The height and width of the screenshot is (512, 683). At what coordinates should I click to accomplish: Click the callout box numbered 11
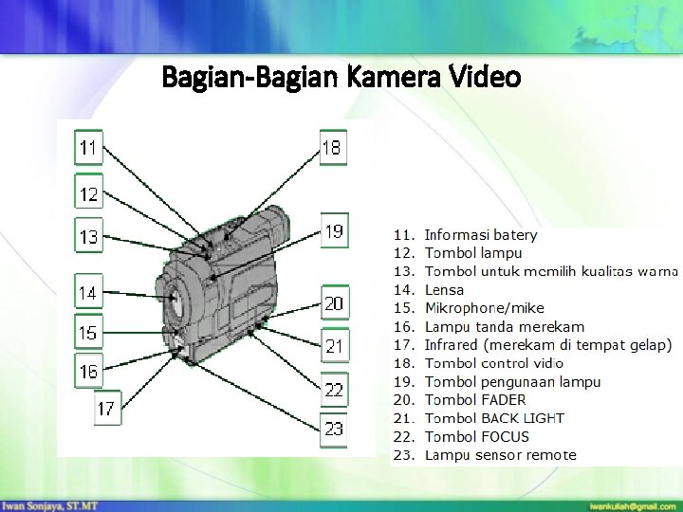[89, 148]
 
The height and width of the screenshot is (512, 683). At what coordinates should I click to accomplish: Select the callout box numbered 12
[89, 194]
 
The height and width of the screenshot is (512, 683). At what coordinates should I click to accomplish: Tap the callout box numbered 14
[88, 293]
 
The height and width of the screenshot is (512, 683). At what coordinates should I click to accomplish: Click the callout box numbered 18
[333, 148]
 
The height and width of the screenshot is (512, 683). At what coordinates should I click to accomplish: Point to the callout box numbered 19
[334, 230]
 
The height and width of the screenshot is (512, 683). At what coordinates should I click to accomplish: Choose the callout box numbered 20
[334, 303]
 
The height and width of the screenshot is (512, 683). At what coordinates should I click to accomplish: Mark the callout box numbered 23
[334, 429]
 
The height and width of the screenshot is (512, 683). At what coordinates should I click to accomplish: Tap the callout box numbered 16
[88, 372]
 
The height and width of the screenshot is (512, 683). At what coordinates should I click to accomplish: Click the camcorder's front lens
[175, 302]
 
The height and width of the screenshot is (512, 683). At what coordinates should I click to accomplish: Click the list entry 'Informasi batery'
[481, 234]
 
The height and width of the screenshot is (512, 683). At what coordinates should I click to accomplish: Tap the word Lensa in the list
[444, 290]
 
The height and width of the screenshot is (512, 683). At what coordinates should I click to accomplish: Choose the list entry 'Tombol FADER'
[475, 400]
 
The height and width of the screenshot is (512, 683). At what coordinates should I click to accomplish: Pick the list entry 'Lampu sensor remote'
[500, 454]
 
